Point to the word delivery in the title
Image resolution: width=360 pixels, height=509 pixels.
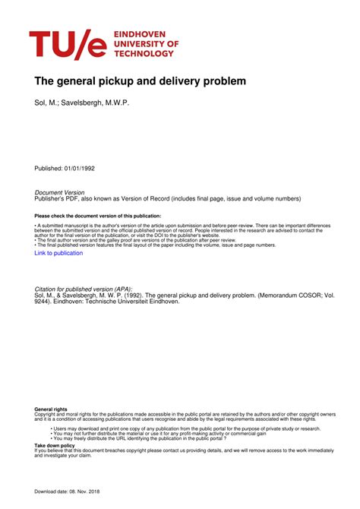pos(182,81)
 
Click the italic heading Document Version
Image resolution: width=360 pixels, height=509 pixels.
pos(60,193)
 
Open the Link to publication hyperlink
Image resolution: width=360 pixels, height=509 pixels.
pos(58,253)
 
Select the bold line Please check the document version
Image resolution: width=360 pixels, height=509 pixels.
pos(98,217)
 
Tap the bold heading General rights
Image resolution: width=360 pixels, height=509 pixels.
pos(50,409)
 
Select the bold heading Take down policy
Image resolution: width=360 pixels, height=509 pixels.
pos(55,445)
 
